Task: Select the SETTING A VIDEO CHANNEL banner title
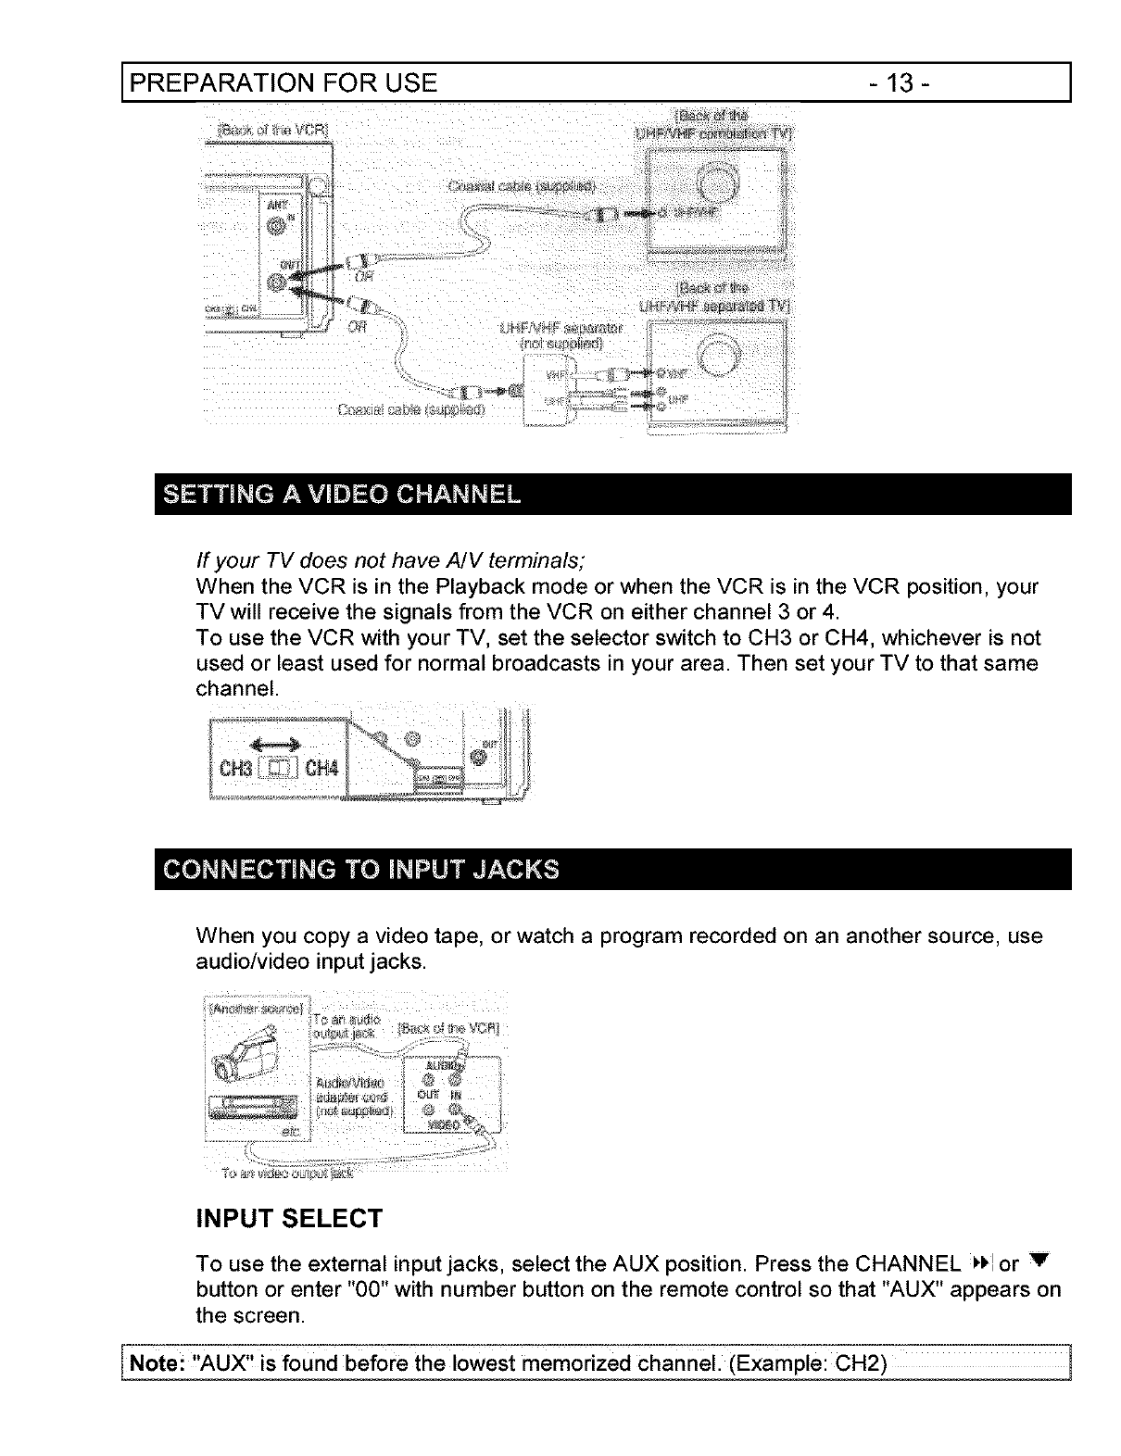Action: (x=342, y=494)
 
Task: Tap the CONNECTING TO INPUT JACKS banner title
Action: (x=361, y=870)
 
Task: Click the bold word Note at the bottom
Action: (x=154, y=1363)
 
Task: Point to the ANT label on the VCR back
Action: (x=276, y=205)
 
